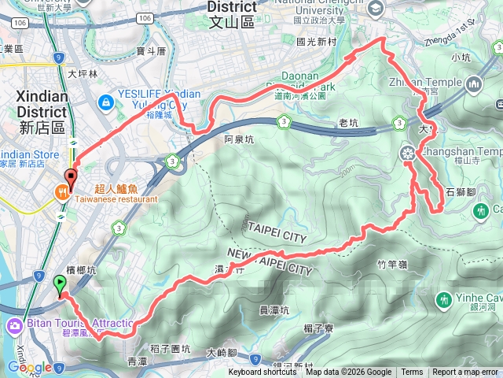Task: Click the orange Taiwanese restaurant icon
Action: (x=61, y=191)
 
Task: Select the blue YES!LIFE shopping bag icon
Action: (x=105, y=102)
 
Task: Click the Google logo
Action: (x=30, y=367)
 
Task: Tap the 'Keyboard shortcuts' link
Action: (x=263, y=372)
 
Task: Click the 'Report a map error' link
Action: (x=464, y=372)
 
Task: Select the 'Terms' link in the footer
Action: (x=412, y=372)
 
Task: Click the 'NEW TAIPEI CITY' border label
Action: (x=270, y=261)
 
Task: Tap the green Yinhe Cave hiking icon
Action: (x=446, y=299)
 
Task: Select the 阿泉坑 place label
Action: (x=239, y=139)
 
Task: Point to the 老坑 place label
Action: (x=347, y=123)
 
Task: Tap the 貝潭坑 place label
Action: (x=274, y=309)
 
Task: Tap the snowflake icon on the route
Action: (x=407, y=153)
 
